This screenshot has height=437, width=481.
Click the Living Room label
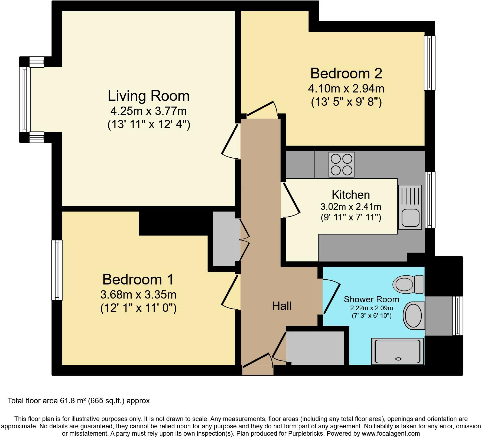tap(149, 96)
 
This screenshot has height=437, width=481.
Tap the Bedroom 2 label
tap(346, 73)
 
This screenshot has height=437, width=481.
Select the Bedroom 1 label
tap(138, 279)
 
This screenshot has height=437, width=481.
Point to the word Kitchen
tap(351, 195)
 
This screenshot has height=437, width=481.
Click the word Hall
tap(282, 306)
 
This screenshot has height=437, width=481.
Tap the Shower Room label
tap(371, 299)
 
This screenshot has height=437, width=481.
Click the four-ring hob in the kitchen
tap(341, 164)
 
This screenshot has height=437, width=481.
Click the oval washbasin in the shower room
tap(413, 316)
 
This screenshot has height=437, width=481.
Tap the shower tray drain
tap(398, 359)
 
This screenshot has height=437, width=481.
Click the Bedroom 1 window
tap(57, 270)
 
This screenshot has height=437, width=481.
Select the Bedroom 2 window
tap(430, 63)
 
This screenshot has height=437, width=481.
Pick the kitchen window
tap(430, 200)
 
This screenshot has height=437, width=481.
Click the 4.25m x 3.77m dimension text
tap(148, 111)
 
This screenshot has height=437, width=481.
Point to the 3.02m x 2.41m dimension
tap(351, 207)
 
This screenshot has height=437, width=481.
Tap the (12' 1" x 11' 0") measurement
tap(138, 308)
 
